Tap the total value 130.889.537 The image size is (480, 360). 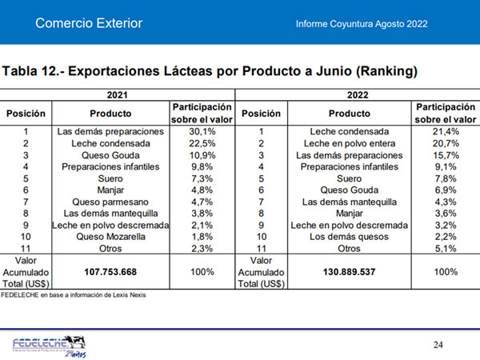[x=350, y=272]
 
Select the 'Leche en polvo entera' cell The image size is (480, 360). [x=350, y=142]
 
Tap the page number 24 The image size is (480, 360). [x=438, y=344]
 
